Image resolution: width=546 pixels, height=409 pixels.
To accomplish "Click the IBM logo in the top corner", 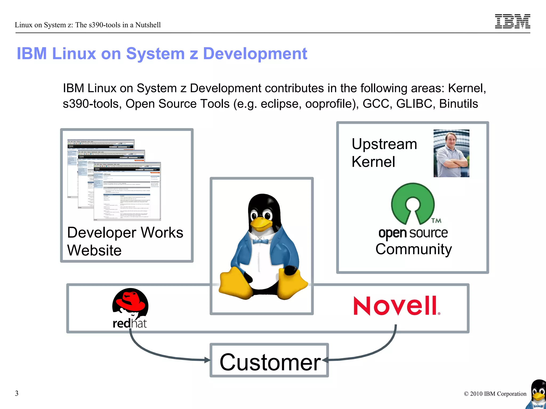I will pyautogui.click(x=512, y=21).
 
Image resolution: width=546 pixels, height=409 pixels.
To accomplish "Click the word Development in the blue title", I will pyautogui.click(x=255, y=54).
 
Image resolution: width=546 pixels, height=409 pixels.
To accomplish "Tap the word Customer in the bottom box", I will pyautogui.click(x=270, y=362).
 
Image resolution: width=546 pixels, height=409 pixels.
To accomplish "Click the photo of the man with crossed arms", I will pyautogui.click(x=451, y=153).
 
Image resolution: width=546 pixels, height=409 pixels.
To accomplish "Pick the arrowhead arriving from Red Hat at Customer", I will pyautogui.click(x=207, y=360).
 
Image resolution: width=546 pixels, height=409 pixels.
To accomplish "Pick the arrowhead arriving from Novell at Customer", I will pyautogui.click(x=325, y=360).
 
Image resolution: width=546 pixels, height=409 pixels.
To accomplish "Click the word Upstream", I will pyautogui.click(x=384, y=144).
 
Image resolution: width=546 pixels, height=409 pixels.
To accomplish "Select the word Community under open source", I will pyautogui.click(x=413, y=249).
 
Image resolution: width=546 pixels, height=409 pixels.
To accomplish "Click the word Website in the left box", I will pyautogui.click(x=94, y=250).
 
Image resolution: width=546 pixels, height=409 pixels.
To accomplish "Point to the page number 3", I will pyautogui.click(x=17, y=393).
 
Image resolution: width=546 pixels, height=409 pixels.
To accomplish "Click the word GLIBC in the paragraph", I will pyautogui.click(x=414, y=104).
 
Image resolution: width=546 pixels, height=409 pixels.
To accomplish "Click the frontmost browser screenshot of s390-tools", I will pyautogui.click(x=127, y=192).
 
